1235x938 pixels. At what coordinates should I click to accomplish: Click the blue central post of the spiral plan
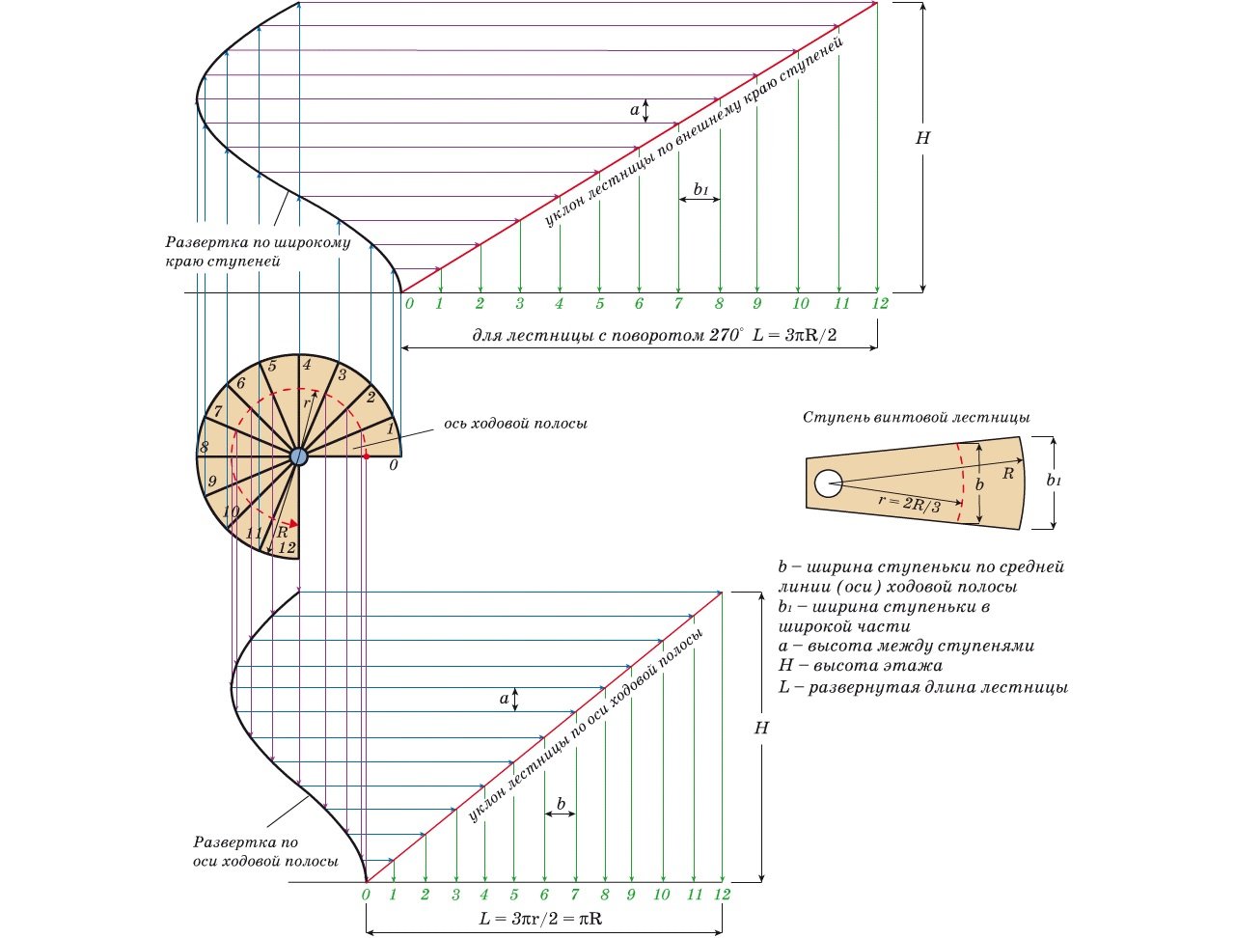298,456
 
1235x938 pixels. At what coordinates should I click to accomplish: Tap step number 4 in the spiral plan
307,365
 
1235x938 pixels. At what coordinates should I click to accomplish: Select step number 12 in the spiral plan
287,547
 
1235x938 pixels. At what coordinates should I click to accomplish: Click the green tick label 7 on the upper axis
678,304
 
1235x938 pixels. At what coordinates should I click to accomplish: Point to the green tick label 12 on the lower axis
723,895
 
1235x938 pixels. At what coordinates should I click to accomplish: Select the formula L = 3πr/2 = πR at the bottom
541,919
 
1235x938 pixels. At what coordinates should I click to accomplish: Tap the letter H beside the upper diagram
922,138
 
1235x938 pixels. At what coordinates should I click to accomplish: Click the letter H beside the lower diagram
761,728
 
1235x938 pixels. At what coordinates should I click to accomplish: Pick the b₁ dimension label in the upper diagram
700,190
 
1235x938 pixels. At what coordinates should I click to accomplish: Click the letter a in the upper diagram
635,110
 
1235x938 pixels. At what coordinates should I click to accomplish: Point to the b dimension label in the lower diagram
561,803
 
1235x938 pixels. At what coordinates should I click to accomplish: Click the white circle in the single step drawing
827,483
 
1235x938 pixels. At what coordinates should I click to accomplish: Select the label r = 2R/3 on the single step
910,502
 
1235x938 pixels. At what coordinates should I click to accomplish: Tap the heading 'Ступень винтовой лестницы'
916,417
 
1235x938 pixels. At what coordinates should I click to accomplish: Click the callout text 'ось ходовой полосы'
515,423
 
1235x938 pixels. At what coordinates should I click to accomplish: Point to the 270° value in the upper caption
727,334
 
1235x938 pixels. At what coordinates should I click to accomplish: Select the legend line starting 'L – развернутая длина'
922,688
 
